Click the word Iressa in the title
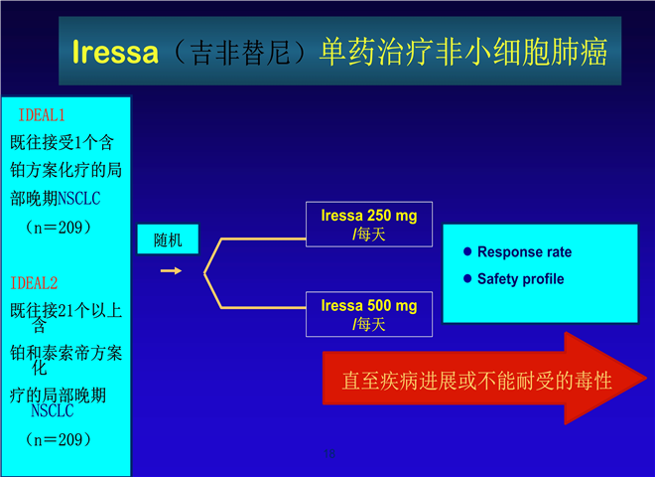click(x=115, y=52)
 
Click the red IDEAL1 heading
click(x=42, y=115)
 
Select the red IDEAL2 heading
click(x=34, y=283)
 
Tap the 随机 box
click(x=168, y=239)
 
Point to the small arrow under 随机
click(x=171, y=271)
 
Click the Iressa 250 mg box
click(x=369, y=225)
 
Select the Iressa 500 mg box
click(x=369, y=314)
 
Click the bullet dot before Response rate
click(x=467, y=251)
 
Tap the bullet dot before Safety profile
click(x=467, y=278)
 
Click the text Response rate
click(x=524, y=251)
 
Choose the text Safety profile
click(x=520, y=279)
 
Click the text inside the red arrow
click(x=477, y=381)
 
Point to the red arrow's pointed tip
click(x=647, y=379)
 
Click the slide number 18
click(x=329, y=453)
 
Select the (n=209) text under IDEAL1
click(x=59, y=228)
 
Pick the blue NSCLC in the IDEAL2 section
click(x=53, y=410)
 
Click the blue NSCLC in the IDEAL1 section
click(x=79, y=199)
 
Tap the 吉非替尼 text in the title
click(x=240, y=53)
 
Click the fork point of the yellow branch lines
click(x=204, y=273)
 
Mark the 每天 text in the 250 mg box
click(x=371, y=235)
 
